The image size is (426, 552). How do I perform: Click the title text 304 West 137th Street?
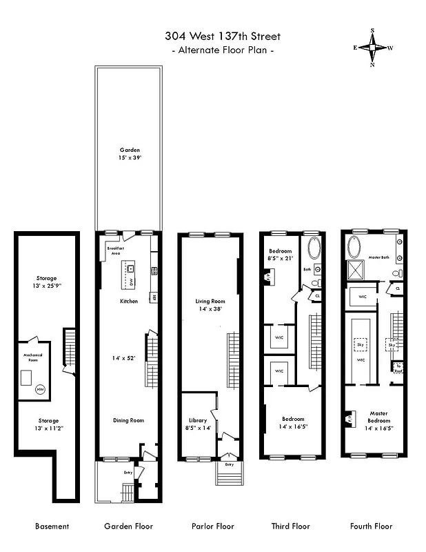222,36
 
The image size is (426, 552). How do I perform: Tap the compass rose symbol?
373,48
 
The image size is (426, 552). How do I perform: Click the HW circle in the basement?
41,390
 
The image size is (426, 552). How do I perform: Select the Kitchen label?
128,302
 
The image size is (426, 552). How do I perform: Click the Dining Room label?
129,420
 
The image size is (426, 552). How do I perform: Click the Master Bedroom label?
378,418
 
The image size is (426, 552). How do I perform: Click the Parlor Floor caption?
213,526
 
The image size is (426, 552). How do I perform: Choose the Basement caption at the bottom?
52,526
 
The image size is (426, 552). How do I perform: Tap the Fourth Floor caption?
372,526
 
